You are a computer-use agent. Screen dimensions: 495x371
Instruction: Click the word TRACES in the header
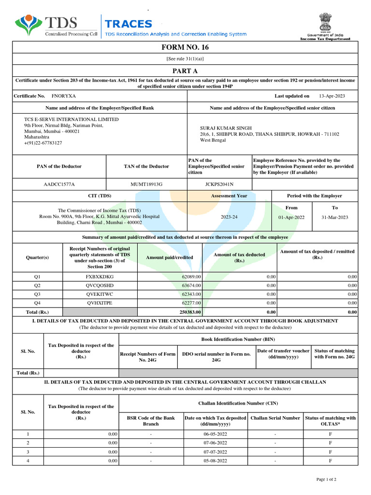click(x=128, y=24)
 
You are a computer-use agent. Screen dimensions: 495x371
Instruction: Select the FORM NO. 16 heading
click(x=185, y=47)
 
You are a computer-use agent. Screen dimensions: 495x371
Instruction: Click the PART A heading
click(x=185, y=70)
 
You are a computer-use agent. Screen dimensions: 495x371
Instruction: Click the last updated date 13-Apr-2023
click(x=332, y=96)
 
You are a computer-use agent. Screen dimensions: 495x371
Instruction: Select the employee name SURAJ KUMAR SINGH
click(x=220, y=128)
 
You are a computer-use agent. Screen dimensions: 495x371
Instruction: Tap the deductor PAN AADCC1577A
click(x=59, y=184)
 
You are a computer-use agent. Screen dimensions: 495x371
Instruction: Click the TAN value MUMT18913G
click(x=146, y=184)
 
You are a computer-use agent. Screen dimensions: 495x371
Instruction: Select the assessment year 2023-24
click(x=229, y=218)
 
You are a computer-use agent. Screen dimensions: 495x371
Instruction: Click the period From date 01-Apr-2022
click(x=291, y=218)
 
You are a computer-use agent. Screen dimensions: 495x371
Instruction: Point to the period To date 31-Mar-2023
click(x=334, y=218)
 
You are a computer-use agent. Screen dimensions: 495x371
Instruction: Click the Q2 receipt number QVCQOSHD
click(x=100, y=285)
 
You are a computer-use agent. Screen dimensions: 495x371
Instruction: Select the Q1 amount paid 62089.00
click(x=191, y=277)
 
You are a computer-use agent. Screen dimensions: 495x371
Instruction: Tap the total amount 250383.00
click(x=189, y=312)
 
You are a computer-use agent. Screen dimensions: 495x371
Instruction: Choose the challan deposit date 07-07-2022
click(x=215, y=452)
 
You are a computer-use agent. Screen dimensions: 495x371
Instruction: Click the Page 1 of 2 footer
click(x=326, y=479)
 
